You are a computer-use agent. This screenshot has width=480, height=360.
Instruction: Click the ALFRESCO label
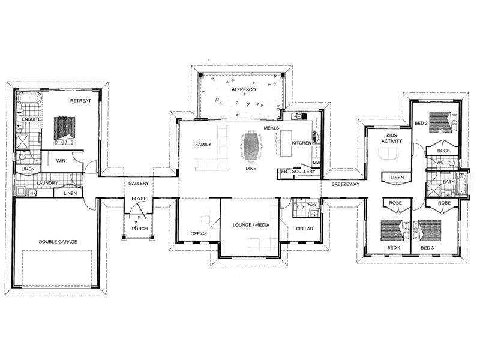point(244,89)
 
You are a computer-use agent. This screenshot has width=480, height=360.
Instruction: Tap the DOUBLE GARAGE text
point(58,242)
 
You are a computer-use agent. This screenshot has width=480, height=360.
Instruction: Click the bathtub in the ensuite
point(29,98)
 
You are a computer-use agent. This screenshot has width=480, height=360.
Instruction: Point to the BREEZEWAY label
point(346,184)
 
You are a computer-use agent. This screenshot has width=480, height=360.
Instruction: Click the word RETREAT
point(80,100)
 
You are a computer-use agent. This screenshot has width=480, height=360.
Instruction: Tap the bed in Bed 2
point(441,122)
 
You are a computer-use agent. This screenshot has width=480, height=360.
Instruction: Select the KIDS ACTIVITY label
point(392,138)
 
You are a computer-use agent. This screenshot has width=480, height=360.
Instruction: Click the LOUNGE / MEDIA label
point(251,225)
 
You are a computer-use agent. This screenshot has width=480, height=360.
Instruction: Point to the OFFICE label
point(199,233)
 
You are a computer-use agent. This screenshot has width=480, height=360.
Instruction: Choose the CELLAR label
point(305,229)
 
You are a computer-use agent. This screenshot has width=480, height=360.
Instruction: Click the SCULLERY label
point(304,172)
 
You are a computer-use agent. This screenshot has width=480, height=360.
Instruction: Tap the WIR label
point(61,160)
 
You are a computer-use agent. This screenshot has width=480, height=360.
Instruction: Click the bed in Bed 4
point(395,230)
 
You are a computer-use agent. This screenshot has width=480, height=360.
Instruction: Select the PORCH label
point(140,229)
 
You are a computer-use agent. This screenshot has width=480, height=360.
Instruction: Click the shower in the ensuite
point(23,142)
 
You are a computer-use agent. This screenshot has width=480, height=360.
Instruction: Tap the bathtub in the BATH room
point(461,184)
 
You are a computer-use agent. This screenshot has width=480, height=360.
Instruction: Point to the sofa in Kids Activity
point(388,153)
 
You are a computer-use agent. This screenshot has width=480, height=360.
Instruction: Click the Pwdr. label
point(311,205)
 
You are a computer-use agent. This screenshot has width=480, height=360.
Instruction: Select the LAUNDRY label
point(47,183)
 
